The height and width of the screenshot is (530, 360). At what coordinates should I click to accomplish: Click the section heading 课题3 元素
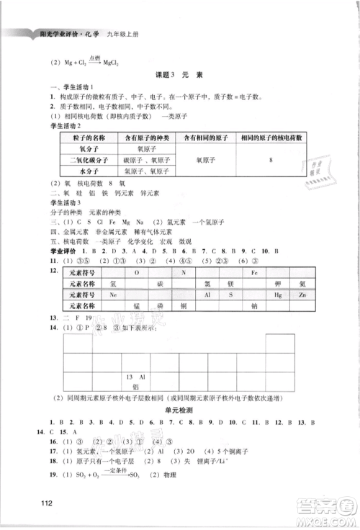179,76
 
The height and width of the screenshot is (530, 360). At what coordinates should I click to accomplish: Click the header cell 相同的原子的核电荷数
270,137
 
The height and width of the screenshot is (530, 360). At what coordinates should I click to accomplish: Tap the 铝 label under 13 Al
132,387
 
